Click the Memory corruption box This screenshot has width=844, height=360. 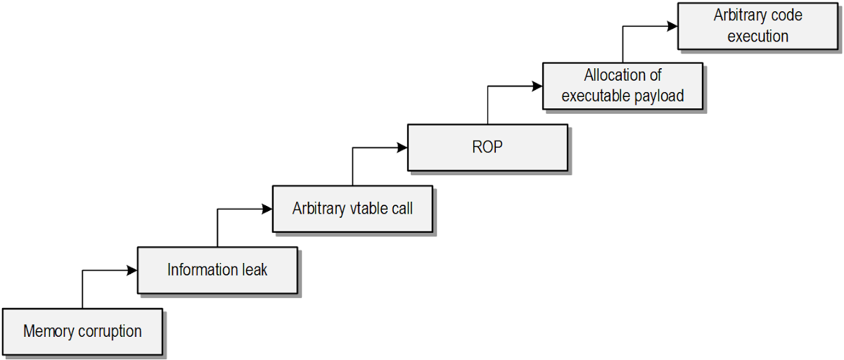[82, 330]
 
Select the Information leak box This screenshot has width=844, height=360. [217, 269]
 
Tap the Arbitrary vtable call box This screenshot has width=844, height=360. [352, 208]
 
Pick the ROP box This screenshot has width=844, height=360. [487, 147]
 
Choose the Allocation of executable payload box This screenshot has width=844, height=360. [622, 86]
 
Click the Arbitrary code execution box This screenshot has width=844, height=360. [757, 25]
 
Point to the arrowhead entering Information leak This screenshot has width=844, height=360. [132, 270]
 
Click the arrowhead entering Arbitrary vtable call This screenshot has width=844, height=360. [267, 209]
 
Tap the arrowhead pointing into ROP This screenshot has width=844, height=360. [402, 148]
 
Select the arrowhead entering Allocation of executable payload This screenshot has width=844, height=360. [537, 86]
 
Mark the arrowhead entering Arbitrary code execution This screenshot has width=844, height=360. [672, 26]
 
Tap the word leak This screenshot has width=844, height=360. [255, 269]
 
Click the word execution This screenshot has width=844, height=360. [757, 36]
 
